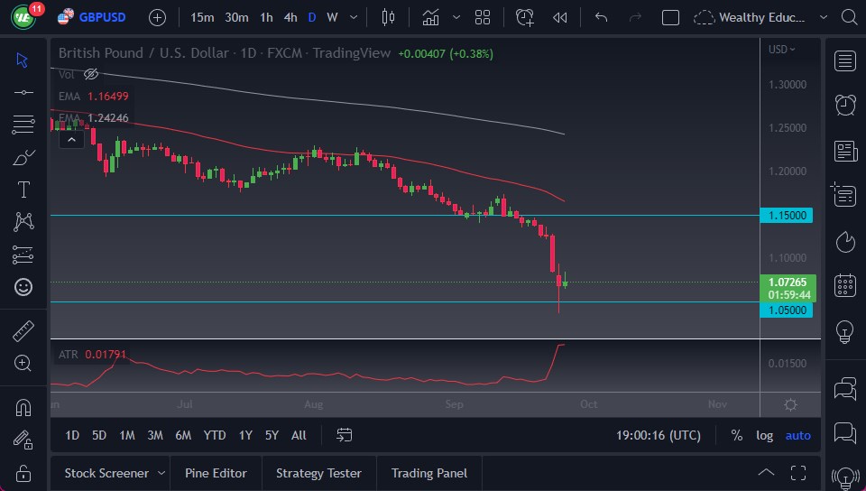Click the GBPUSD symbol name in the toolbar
click(x=102, y=17)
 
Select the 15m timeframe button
click(x=203, y=17)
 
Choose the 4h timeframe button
click(x=290, y=17)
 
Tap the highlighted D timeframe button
click(x=311, y=17)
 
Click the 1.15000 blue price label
click(x=788, y=216)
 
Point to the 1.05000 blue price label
click(x=788, y=310)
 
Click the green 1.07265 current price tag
click(x=788, y=282)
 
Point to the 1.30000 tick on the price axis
click(x=788, y=85)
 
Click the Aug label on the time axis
click(x=314, y=404)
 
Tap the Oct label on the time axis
click(x=588, y=404)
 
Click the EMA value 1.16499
click(x=107, y=96)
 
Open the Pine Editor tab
click(x=216, y=473)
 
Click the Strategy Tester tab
click(x=318, y=473)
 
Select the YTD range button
click(x=215, y=435)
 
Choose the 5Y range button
click(x=272, y=435)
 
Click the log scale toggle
click(x=764, y=435)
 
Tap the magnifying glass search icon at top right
click(x=848, y=17)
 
